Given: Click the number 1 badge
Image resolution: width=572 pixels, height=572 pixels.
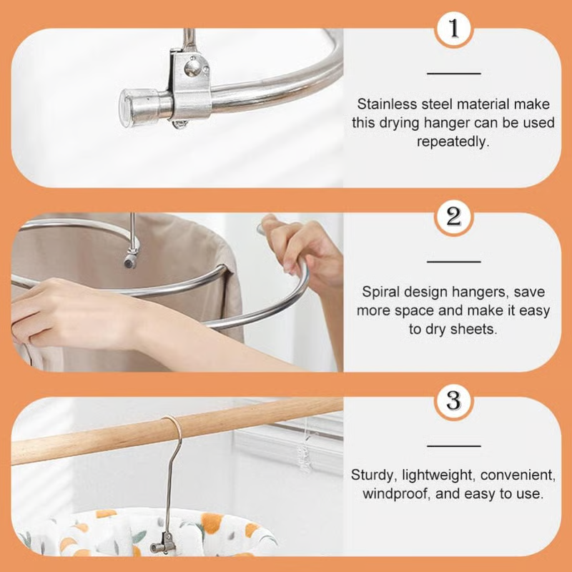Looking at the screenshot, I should (454, 30).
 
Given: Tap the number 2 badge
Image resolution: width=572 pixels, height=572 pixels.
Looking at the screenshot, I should (454, 216).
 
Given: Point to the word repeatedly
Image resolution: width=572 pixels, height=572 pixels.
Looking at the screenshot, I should (453, 142).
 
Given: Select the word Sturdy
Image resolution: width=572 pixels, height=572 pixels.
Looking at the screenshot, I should (370, 475).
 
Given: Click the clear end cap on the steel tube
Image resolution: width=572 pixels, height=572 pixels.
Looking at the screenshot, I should (133, 107).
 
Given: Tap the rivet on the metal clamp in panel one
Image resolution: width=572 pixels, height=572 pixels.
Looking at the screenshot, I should (192, 67).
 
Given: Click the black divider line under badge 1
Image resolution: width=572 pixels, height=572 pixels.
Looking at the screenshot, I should (454, 73).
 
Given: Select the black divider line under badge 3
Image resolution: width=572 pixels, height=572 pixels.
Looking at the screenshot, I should (454, 445).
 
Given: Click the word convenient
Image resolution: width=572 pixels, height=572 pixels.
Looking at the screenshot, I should (517, 475).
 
